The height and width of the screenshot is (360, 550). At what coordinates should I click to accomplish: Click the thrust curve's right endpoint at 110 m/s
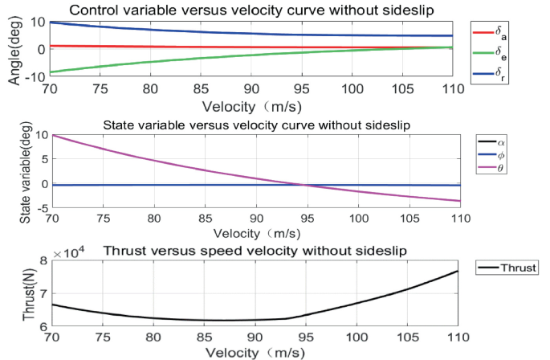(458, 271)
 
